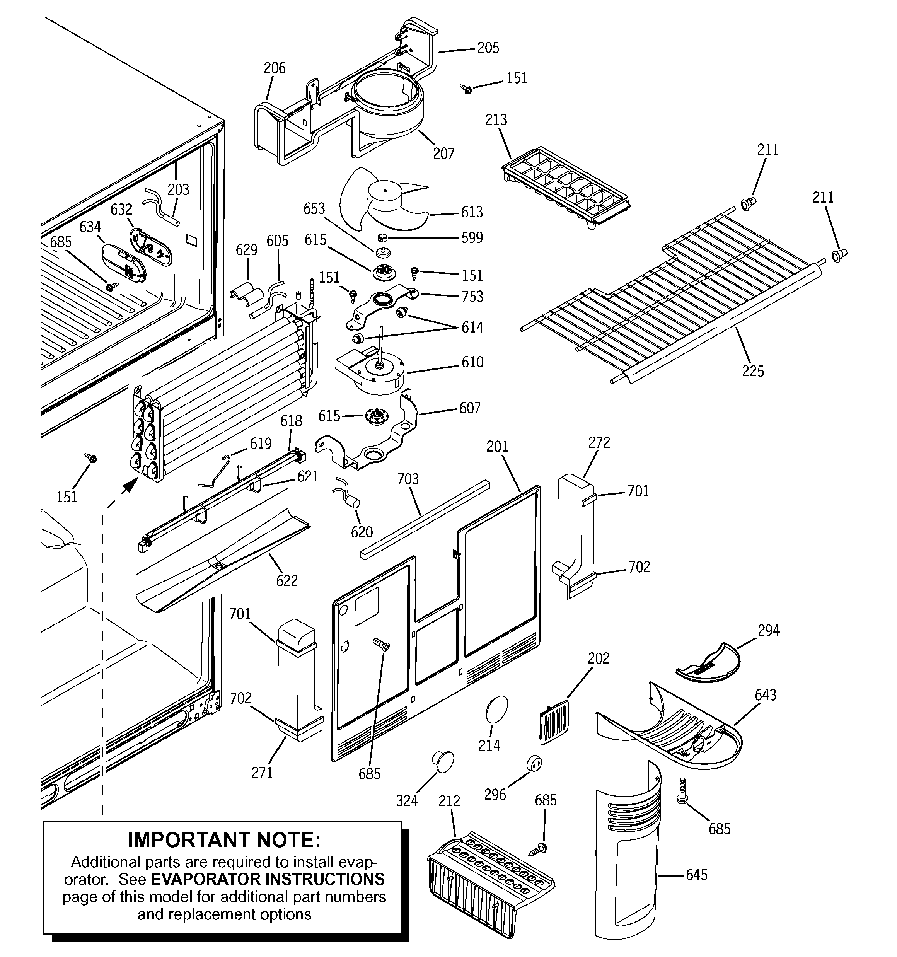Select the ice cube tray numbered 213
pyautogui.click(x=566, y=188)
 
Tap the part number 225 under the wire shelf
pyautogui.click(x=752, y=371)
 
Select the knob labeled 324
pyautogui.click(x=443, y=760)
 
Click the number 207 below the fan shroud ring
pyautogui.click(x=443, y=154)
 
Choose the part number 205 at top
pyautogui.click(x=488, y=48)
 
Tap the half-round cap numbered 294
pyautogui.click(x=708, y=664)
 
